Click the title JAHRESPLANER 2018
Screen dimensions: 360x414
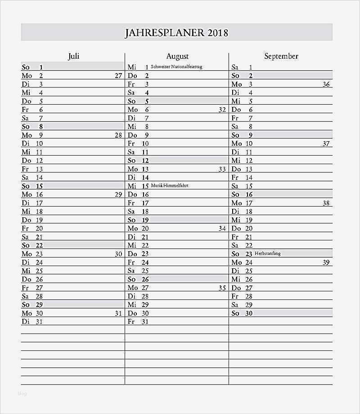(x=176, y=33)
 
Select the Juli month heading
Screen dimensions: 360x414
(x=73, y=56)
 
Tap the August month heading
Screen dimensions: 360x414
(x=177, y=56)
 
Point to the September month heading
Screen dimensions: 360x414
(x=281, y=56)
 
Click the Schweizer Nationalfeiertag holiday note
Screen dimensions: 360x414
(x=176, y=67)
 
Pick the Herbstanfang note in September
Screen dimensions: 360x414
(x=267, y=253)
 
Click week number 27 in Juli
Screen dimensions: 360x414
(x=118, y=76)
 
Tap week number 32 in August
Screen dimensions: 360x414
(x=222, y=110)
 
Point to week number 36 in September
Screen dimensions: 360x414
(x=326, y=84)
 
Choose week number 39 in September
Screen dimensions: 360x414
(x=326, y=262)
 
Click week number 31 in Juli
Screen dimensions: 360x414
(x=118, y=313)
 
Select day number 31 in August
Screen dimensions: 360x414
(x=144, y=322)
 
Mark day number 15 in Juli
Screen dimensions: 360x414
(x=39, y=186)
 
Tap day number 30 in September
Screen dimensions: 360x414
(x=248, y=313)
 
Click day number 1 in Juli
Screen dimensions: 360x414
(x=41, y=67)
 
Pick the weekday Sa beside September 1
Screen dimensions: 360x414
(x=235, y=67)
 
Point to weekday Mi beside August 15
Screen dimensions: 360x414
(x=132, y=186)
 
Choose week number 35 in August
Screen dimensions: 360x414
(x=222, y=288)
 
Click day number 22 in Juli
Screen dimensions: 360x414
(x=39, y=245)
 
